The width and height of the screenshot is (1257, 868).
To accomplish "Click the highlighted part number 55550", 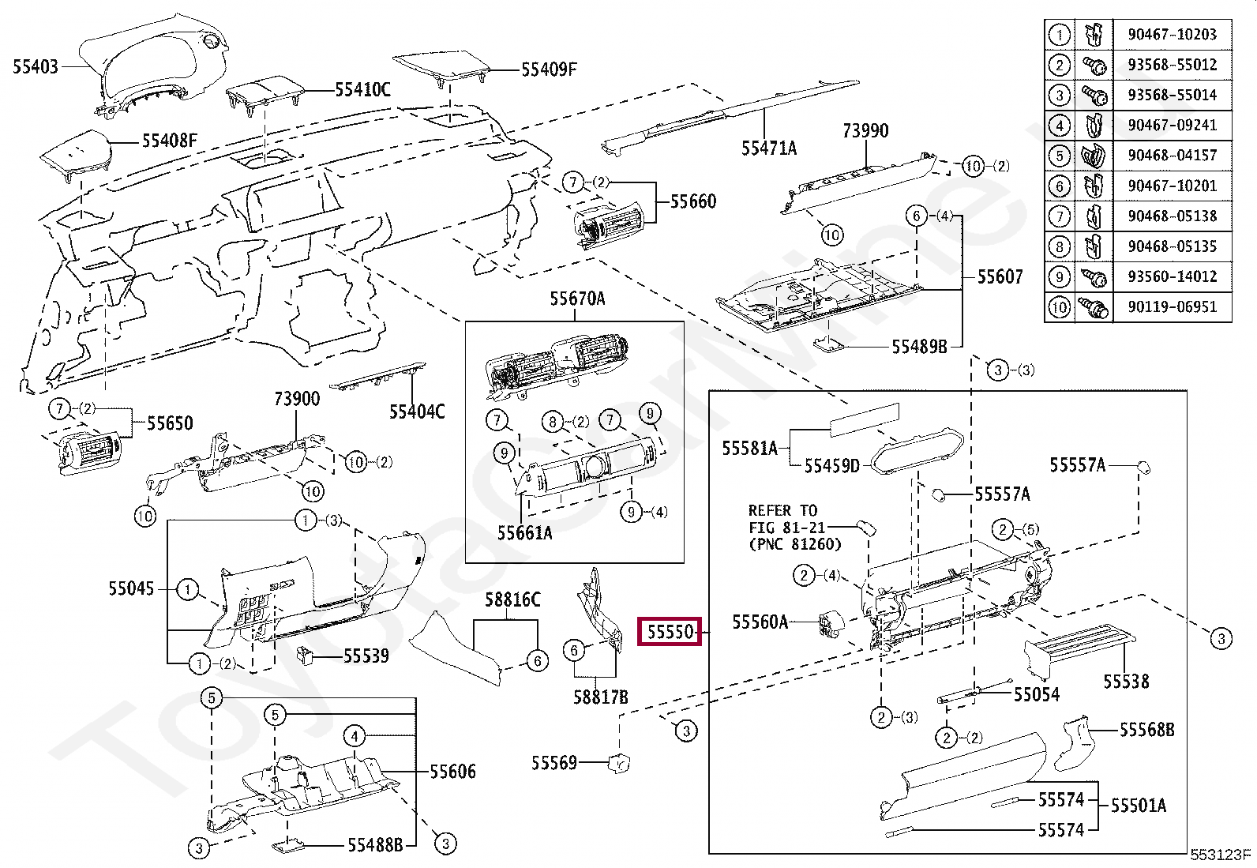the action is click(670, 632).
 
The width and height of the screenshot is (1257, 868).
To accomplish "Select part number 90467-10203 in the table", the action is click(1173, 34).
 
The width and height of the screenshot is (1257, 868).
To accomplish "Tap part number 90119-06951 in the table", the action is click(1173, 307).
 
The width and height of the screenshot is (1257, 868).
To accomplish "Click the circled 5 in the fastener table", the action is click(1060, 156).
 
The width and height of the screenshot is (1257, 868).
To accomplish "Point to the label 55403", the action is click(36, 67).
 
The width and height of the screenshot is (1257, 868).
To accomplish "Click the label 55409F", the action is click(549, 70).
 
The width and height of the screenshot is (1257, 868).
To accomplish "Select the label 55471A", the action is click(769, 148).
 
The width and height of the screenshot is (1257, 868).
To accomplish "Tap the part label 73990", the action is click(865, 131).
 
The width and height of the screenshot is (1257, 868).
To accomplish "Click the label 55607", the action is click(1000, 276).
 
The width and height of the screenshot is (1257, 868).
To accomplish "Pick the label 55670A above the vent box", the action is click(577, 299).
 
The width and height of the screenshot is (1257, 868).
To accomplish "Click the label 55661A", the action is click(525, 533).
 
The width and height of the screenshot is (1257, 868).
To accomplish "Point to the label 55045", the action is click(131, 589).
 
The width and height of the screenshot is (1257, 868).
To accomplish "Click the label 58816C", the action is click(512, 600).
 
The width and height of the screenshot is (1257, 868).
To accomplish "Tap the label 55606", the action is click(453, 772).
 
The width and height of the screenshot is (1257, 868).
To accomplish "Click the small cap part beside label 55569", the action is click(620, 763).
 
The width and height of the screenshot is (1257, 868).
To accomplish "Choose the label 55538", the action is click(1126, 682).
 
